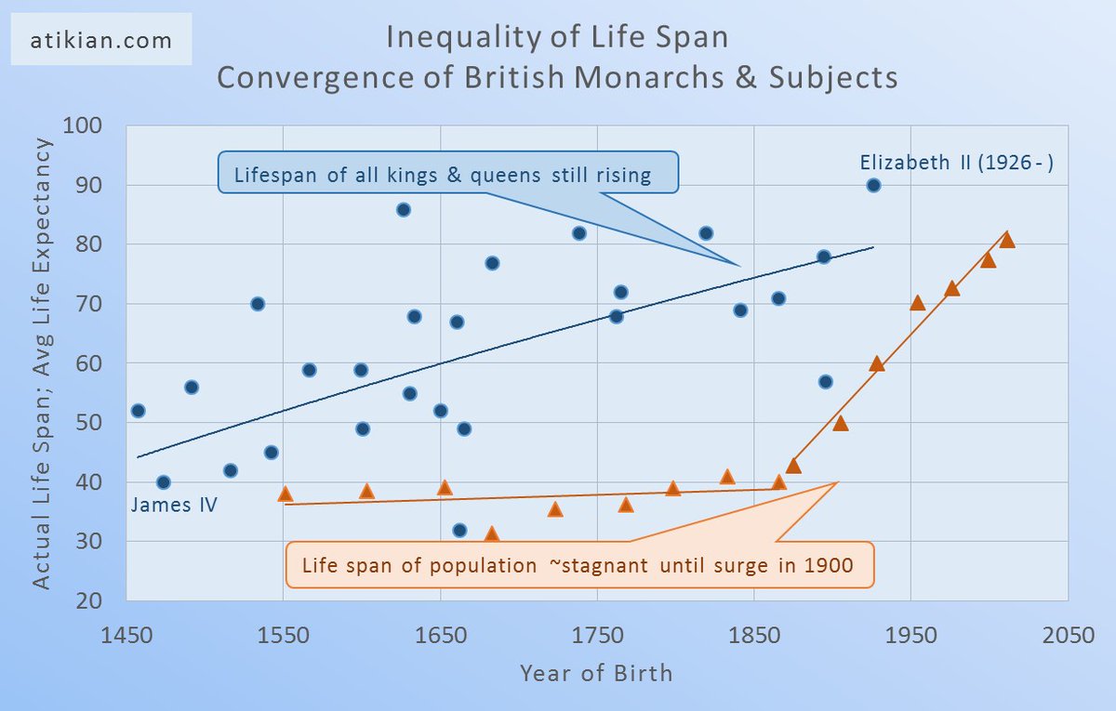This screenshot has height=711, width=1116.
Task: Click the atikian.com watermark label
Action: click(101, 41)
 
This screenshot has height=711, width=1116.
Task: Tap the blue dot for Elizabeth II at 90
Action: click(873, 185)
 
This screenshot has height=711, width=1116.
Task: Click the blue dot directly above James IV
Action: click(163, 481)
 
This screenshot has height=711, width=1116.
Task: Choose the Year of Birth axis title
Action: click(596, 672)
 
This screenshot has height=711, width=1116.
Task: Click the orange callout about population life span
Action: click(578, 565)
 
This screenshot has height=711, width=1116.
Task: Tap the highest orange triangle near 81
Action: click(1006, 240)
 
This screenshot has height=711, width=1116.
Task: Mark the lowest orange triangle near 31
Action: click(491, 534)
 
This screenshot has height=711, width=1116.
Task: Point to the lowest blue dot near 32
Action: click(459, 530)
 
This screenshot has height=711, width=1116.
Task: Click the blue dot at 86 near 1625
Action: click(403, 209)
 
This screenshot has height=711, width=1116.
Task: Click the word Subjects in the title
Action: click(833, 77)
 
